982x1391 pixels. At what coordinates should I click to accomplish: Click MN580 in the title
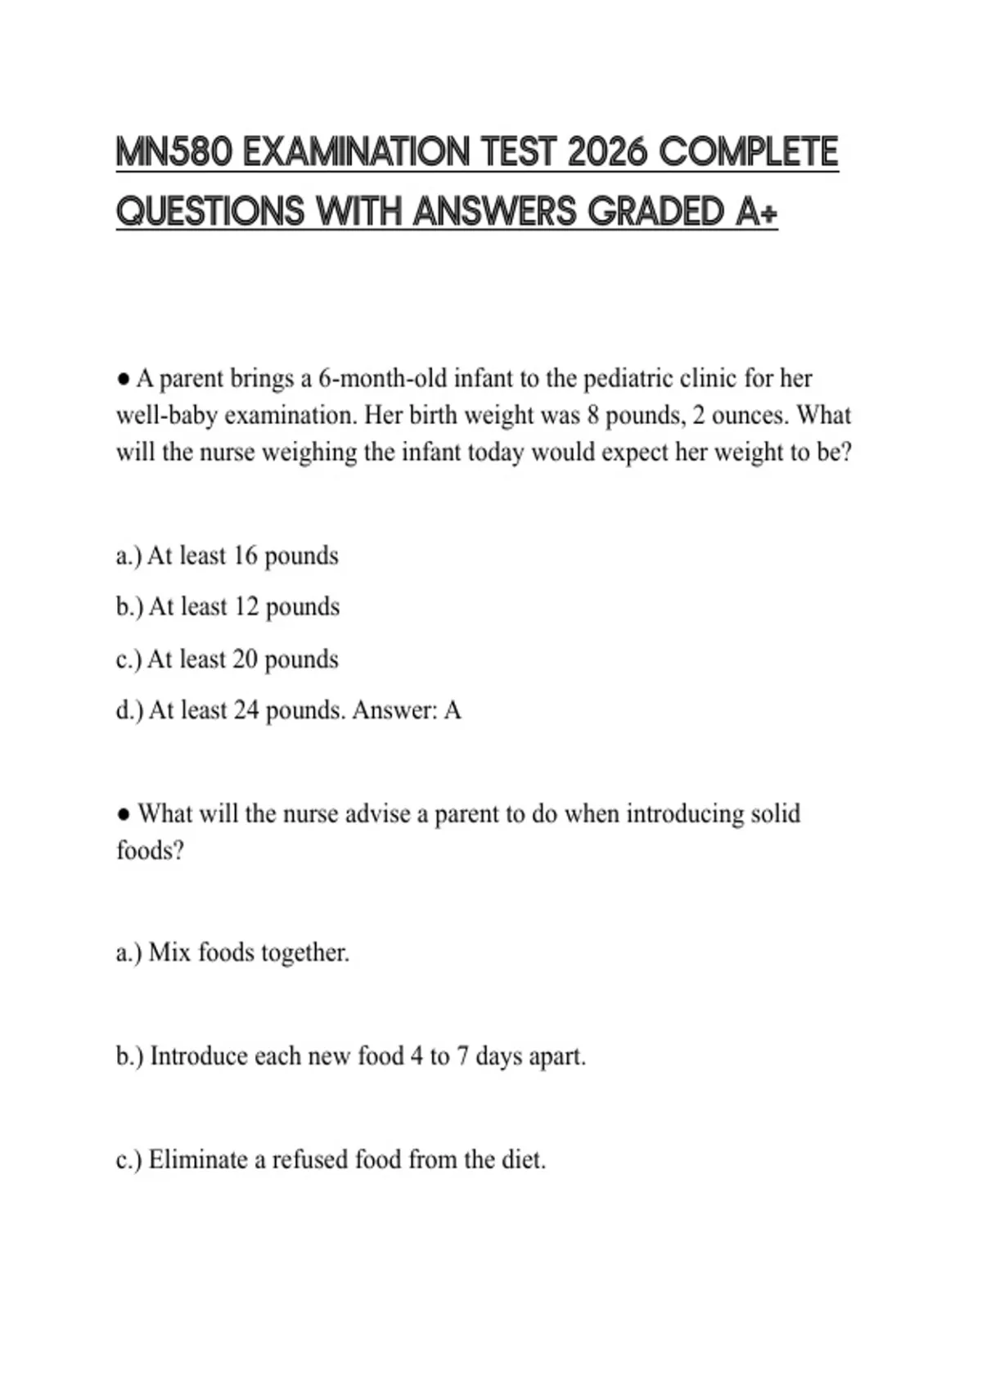[x=174, y=152]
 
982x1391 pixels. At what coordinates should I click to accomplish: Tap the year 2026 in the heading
[x=606, y=152]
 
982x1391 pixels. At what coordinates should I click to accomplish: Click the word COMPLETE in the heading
[x=748, y=152]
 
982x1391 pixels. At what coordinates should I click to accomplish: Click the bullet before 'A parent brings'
[x=123, y=380]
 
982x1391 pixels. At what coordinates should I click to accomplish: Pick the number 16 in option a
[x=245, y=556]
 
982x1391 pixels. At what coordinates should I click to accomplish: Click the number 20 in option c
[x=245, y=659]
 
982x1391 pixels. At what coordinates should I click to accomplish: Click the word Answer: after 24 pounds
[x=394, y=710]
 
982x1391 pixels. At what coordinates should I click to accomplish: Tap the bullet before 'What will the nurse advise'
[x=123, y=814]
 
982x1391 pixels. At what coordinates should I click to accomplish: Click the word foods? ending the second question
[x=150, y=851]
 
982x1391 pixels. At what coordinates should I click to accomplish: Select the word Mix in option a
[x=169, y=953]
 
